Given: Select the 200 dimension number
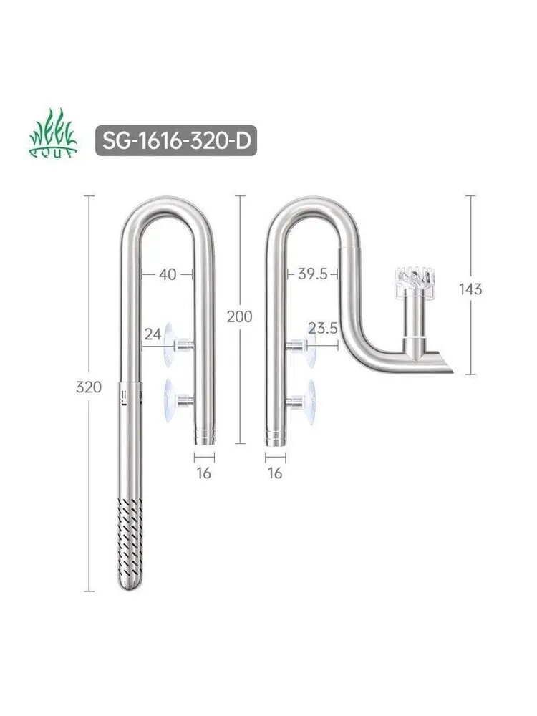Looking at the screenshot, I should click(239, 316).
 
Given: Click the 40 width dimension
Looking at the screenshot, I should click(168, 273).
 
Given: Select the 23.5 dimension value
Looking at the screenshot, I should click(321, 329).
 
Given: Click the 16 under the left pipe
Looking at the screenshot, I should click(204, 473).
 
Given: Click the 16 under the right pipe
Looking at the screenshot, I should click(275, 473).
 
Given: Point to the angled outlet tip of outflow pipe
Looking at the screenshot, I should click(444, 361).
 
